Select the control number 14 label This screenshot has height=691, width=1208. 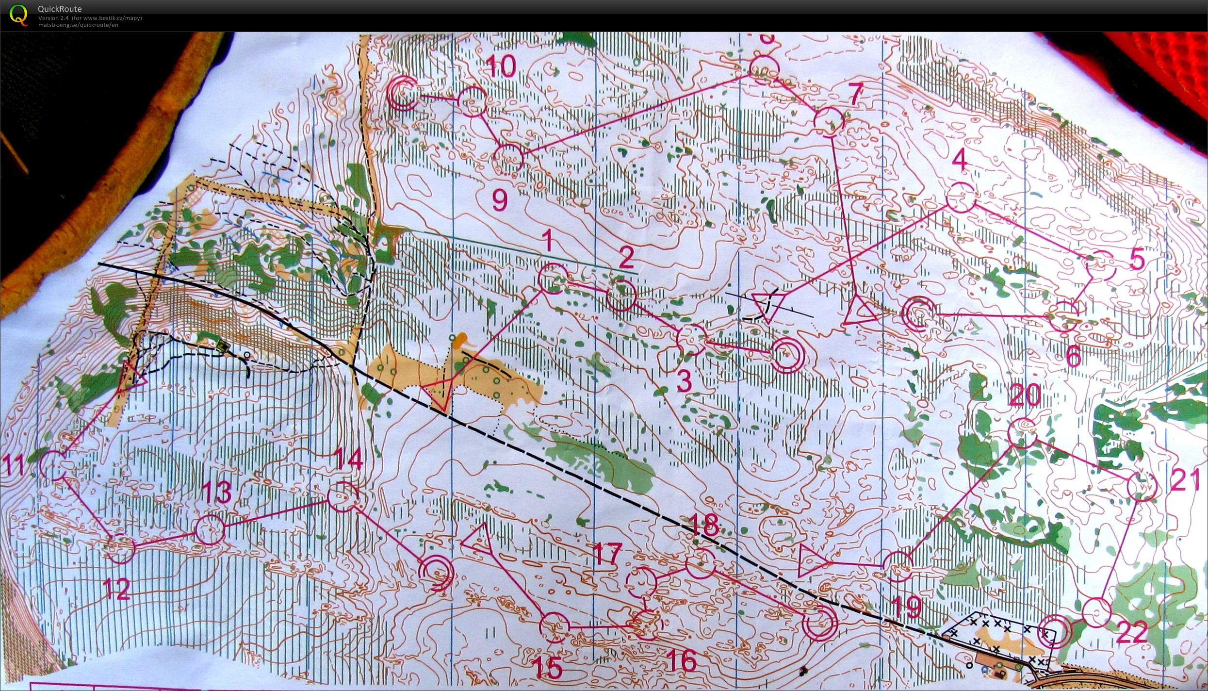click(350, 460)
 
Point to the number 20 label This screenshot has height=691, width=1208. click(1025, 396)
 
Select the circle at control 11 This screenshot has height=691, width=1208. click(53, 465)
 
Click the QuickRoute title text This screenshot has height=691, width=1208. click(60, 9)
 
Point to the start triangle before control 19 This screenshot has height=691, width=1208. click(811, 561)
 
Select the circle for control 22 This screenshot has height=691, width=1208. click(1096, 612)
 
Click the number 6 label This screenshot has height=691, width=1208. click(1074, 357)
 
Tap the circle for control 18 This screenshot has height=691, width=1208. click(700, 563)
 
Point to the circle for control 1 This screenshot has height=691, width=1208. click(552, 279)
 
